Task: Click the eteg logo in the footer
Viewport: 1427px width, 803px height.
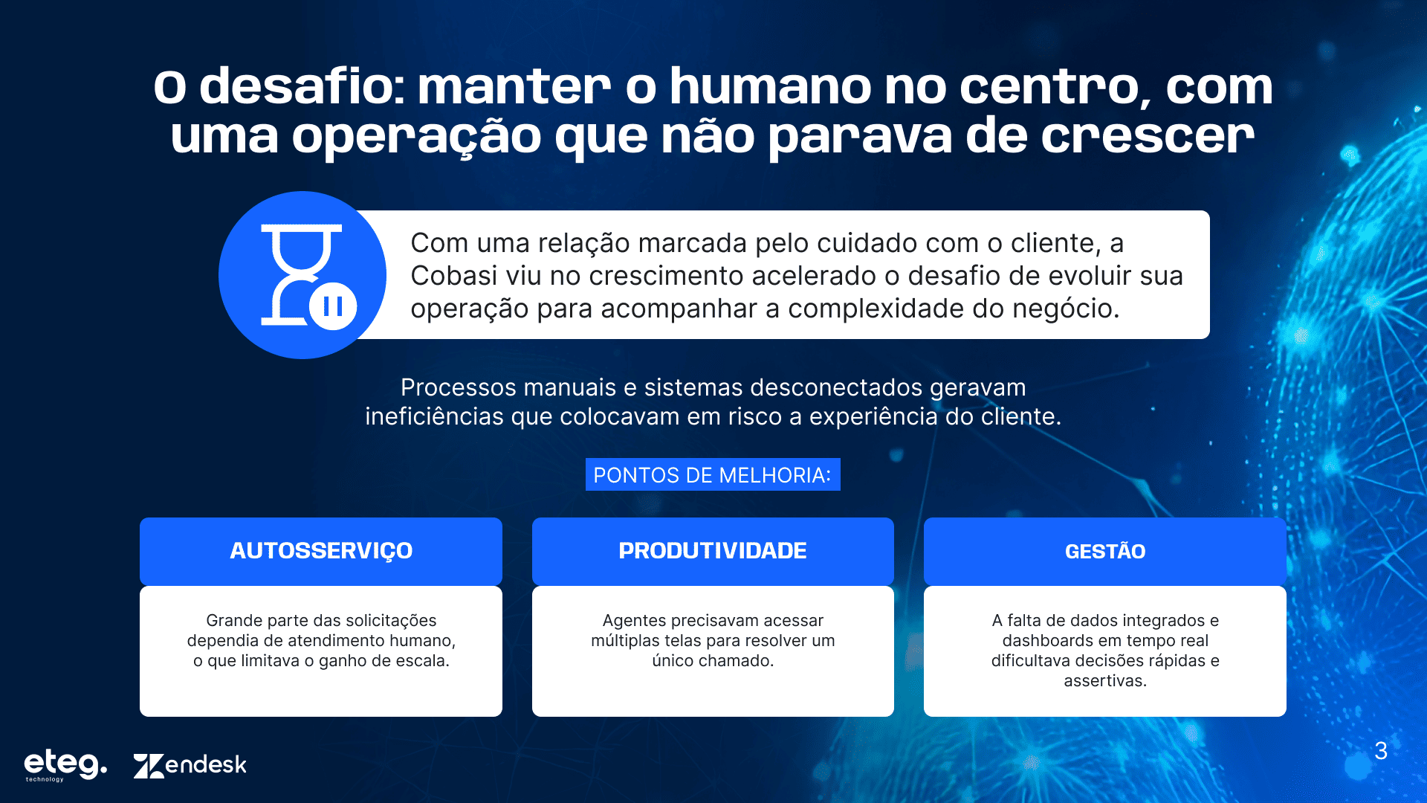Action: [65, 765]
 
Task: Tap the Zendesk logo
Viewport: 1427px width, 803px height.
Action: [190, 765]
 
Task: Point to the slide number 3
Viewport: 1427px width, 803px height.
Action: [1381, 751]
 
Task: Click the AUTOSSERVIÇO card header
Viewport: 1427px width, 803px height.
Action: [321, 551]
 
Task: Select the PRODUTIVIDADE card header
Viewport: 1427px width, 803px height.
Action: [713, 551]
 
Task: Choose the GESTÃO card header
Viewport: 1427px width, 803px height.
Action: [1105, 551]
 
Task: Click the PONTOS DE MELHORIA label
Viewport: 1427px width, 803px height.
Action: [713, 475]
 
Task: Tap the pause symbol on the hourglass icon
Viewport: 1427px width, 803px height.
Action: [333, 306]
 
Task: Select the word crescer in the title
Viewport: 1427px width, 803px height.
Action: [1147, 136]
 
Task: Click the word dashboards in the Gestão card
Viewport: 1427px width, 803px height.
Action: [1047, 641]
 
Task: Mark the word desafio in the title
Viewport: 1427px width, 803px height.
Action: [302, 86]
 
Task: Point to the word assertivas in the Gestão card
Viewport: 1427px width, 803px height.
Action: [1105, 681]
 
